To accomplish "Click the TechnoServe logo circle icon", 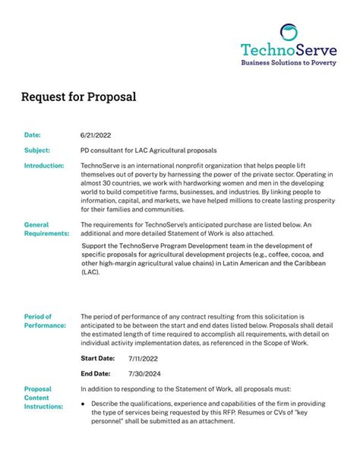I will coord(288,33).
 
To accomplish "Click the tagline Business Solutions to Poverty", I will coord(288,63).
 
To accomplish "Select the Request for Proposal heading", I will coord(78,97).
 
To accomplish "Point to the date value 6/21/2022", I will coord(95,135).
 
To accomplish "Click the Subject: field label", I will coord(36,150).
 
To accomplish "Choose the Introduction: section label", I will coord(44,166).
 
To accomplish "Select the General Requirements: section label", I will coord(46,229).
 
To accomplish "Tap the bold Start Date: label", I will coord(98,358).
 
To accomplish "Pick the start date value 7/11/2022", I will coord(143,359).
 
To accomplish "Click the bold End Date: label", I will coord(96,373).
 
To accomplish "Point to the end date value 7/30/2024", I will coord(143,374).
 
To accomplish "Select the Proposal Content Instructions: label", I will coord(43,397).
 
